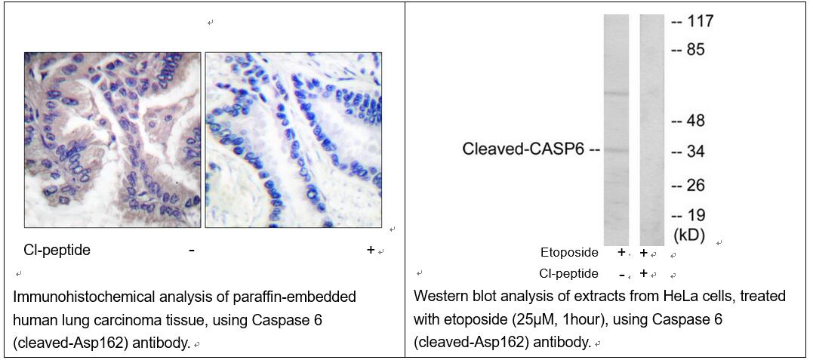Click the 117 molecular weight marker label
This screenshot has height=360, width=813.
pos(700,23)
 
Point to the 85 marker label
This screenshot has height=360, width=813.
pos(697,51)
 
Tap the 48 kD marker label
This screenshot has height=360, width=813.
pos(697,121)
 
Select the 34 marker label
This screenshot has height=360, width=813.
pos(697,152)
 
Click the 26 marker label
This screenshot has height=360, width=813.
pos(697,185)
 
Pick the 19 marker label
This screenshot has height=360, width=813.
pos(697,215)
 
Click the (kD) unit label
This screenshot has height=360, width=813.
pos(689,235)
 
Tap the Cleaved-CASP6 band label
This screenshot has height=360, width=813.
pos(524,150)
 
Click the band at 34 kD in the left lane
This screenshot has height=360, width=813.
pos(616,150)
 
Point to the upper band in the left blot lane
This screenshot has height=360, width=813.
pos(616,94)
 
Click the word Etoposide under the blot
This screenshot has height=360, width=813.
pos(569,253)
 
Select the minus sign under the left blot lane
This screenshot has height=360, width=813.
pos(621,274)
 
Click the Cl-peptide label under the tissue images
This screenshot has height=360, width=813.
pos(57,250)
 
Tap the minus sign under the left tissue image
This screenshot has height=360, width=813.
pos(192,251)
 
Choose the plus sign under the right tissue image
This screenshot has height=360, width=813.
pos(370,250)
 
